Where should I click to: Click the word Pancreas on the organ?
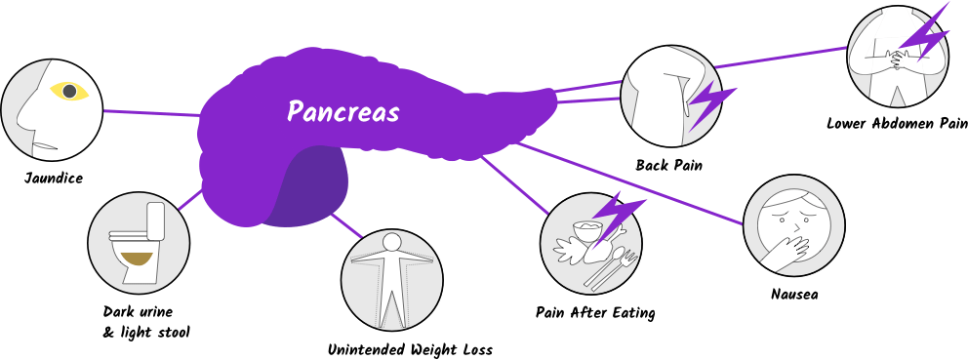pyautogui.click(x=343, y=111)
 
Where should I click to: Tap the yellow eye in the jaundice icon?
pyautogui.click(x=68, y=92)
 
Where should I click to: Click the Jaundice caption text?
pyautogui.click(x=55, y=179)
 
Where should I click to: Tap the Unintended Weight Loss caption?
pyautogui.click(x=410, y=349)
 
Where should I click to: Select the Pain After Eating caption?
pyautogui.click(x=595, y=313)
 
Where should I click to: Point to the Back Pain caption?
pyautogui.click(x=669, y=166)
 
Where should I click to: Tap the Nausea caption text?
pyautogui.click(x=793, y=293)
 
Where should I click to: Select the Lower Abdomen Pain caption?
pyautogui.click(x=896, y=124)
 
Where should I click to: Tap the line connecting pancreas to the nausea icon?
pyautogui.click(x=634, y=185)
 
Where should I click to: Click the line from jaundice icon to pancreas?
pyautogui.click(x=151, y=113)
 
